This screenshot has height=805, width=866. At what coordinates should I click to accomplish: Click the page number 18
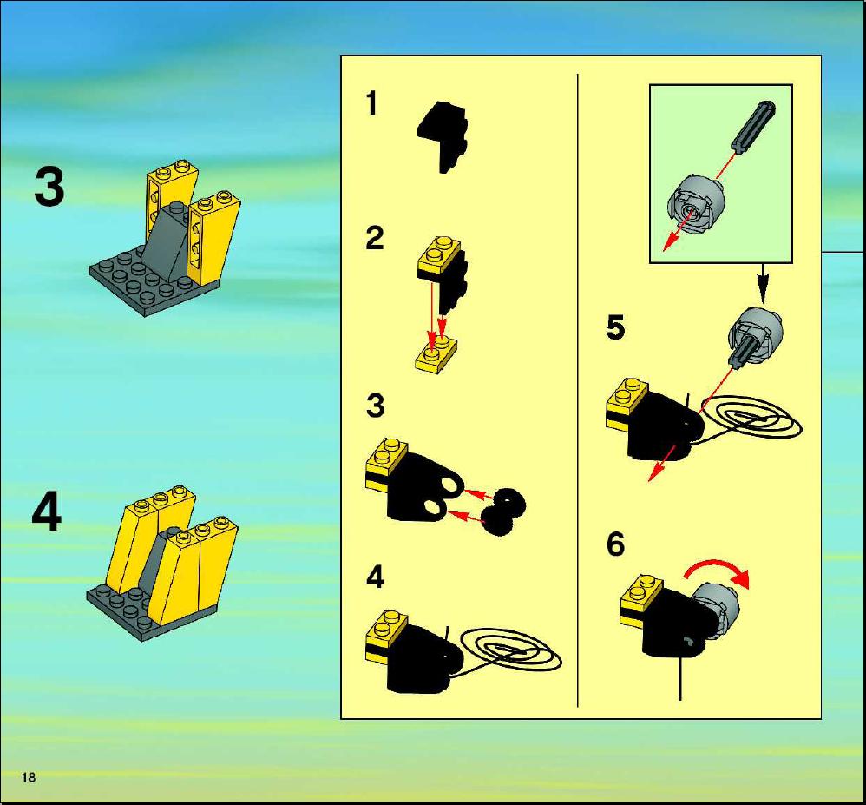point(28,777)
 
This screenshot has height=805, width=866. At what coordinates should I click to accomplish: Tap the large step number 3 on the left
point(49,188)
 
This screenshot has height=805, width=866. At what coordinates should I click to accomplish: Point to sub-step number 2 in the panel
point(375,238)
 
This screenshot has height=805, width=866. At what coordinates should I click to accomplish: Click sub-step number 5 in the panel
point(615,327)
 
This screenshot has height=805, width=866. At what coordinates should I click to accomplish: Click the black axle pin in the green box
point(753,125)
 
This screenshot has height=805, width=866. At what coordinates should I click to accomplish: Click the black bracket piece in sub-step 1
point(443,136)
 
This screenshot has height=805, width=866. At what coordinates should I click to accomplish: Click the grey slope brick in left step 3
point(166,243)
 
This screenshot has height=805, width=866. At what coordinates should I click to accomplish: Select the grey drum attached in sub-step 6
point(714,611)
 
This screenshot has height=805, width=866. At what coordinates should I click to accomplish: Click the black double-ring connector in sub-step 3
point(503,512)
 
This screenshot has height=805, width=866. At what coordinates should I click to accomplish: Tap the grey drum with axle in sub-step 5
point(754,334)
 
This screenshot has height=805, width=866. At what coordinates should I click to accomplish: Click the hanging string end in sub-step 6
point(680,680)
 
